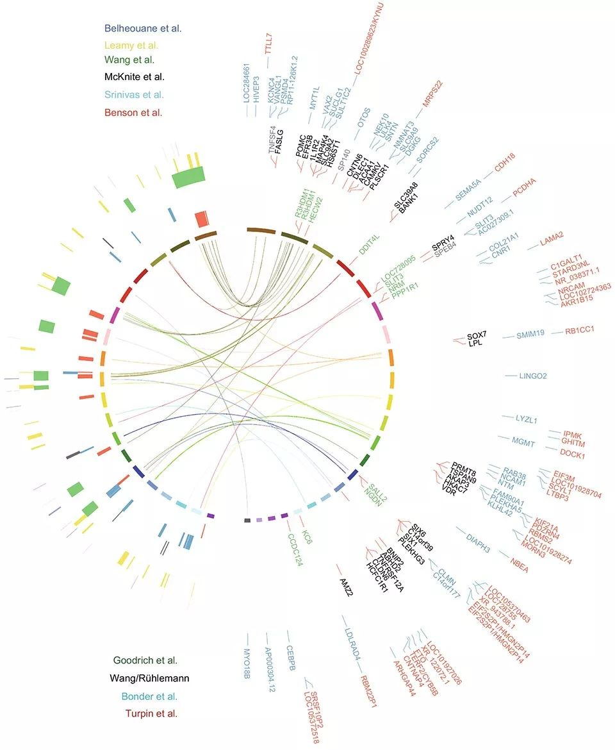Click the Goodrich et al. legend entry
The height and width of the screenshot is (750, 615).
point(145,660)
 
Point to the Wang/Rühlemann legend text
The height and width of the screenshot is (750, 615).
point(151,678)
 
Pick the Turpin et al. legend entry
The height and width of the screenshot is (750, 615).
point(151,713)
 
